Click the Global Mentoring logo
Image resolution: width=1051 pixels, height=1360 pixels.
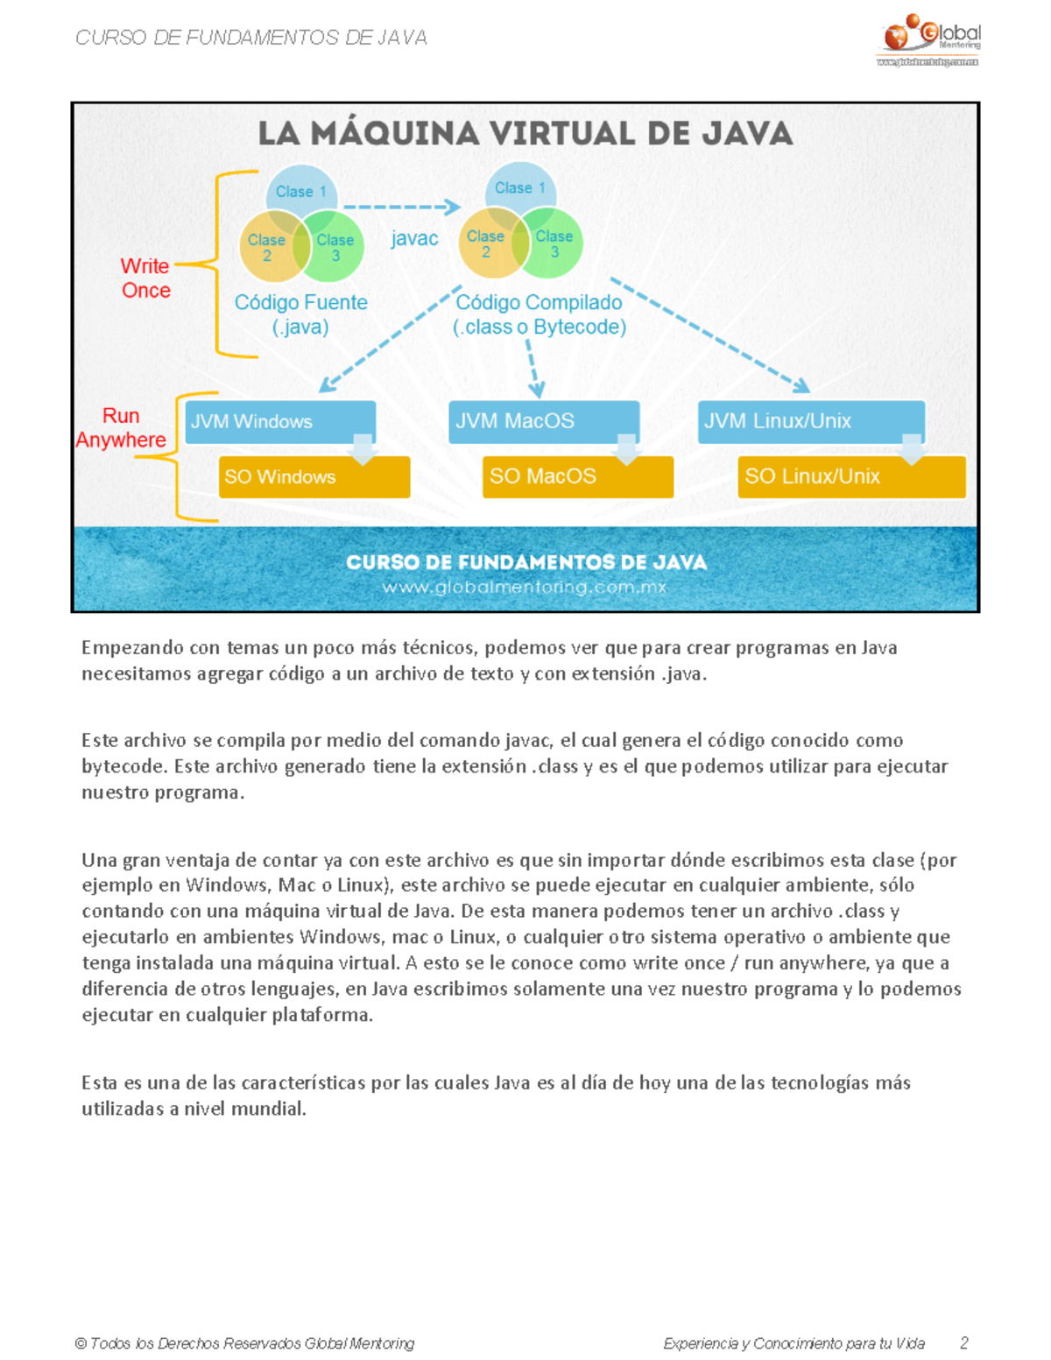coord(930,40)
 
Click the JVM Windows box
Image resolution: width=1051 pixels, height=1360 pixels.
coord(279,421)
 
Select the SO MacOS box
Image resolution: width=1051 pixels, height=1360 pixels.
coord(577,476)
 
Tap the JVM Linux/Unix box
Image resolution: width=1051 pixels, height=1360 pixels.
coord(811,421)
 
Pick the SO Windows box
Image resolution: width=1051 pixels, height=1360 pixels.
coord(314,477)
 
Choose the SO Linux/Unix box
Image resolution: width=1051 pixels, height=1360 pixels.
coord(851,476)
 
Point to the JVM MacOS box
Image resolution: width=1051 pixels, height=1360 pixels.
coord(543,421)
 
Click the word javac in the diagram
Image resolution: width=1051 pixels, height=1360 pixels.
coord(414,238)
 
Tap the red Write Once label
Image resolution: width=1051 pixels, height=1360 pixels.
coord(145,278)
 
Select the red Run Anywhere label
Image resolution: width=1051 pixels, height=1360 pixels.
coord(121,427)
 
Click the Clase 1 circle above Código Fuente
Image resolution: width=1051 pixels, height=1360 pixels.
coord(300,190)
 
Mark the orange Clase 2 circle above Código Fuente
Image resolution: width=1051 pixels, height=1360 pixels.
coord(267,248)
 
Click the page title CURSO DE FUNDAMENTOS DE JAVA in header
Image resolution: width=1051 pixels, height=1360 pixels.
coord(251,38)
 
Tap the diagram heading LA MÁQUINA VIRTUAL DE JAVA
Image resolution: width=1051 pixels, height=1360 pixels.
coord(525,134)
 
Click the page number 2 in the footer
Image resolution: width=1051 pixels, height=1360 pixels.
coord(964,1342)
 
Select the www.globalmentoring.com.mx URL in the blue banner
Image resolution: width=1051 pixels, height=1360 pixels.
coord(525,588)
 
